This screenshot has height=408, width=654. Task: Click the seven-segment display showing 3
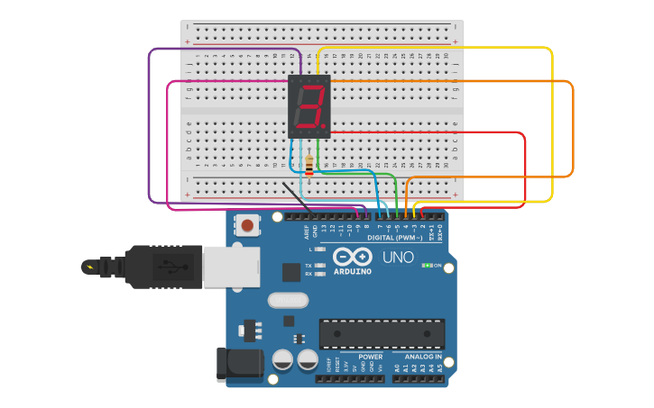(309, 106)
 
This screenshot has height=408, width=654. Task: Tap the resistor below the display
(309, 166)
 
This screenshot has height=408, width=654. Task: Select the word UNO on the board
(398, 258)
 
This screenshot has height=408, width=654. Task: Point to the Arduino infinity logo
(352, 256)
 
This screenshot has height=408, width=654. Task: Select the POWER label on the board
(370, 357)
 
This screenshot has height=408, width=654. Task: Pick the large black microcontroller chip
(382, 333)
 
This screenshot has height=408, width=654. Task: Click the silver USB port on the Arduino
(231, 267)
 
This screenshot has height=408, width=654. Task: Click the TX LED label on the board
(309, 266)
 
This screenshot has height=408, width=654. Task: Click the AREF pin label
(307, 231)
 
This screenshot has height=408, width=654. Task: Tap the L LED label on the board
(309, 249)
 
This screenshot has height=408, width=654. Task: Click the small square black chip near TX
(291, 272)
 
